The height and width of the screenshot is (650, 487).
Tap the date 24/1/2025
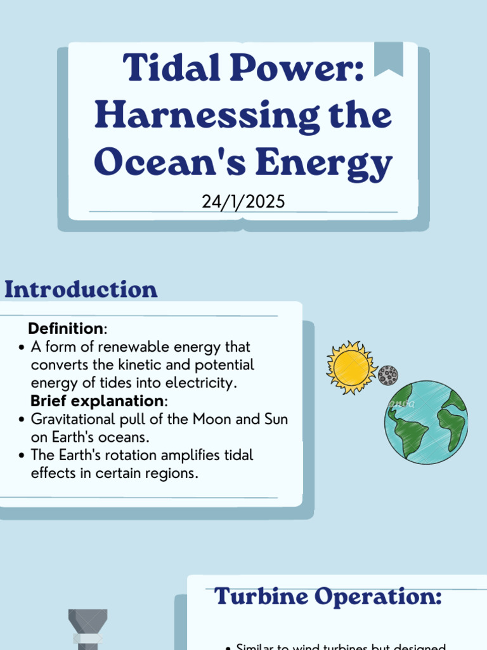coord(243,202)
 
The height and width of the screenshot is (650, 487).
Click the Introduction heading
coord(81,290)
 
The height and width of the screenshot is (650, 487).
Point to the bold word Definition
coord(65,329)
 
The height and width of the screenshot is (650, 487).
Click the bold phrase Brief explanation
coord(97,401)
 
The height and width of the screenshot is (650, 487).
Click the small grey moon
coord(387,376)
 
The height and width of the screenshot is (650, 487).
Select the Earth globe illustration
coord(425,422)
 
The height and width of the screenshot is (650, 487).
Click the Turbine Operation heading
coord(327,597)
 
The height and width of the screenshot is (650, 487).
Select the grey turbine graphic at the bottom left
coord(88,628)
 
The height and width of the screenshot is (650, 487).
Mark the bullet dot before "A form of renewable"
coord(22,348)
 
